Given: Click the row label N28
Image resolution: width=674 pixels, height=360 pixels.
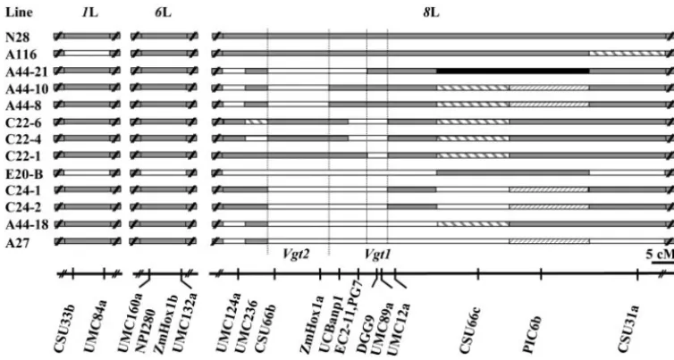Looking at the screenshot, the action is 18,38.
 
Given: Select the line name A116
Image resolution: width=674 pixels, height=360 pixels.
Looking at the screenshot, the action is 21,54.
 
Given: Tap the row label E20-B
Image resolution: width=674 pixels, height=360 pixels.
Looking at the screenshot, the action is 24,174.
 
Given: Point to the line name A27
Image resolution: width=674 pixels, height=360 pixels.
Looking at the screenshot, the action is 18,243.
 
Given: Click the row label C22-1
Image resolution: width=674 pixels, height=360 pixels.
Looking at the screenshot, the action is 23,157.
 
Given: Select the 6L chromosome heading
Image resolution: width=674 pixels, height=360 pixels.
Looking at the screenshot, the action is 164,13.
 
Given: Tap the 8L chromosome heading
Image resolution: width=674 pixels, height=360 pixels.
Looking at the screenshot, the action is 431,13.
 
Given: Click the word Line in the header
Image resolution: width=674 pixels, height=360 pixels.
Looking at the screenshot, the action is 19,13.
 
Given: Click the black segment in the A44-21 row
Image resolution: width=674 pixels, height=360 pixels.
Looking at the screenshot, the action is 513,71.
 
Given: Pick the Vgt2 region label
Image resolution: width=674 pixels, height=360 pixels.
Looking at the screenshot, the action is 296,254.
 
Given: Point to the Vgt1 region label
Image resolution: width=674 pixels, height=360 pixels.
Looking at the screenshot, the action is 377,254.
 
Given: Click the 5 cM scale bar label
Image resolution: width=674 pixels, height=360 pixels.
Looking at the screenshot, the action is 660,254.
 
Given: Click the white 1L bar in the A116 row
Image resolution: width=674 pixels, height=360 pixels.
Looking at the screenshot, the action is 87,54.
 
